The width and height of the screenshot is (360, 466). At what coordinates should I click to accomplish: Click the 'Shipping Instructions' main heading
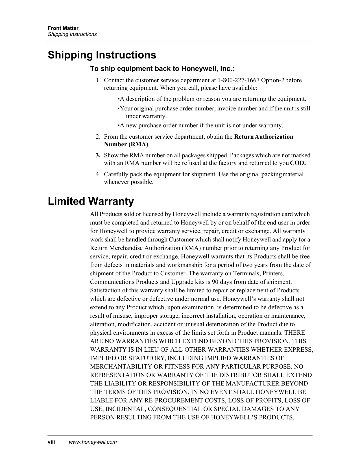coord(102,55)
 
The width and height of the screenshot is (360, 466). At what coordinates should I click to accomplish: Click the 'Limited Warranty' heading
coord(91,201)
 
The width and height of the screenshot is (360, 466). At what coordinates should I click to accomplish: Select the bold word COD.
coord(298,163)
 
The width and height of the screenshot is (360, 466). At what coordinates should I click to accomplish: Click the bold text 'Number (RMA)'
coord(126,144)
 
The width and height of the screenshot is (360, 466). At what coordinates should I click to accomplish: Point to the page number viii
coord(51,442)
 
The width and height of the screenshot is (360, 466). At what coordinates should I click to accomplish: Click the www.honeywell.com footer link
coord(93,442)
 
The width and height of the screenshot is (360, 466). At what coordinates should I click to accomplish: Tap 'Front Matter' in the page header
coord(63,28)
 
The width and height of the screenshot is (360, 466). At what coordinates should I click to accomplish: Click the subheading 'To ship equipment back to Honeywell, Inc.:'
coord(162,69)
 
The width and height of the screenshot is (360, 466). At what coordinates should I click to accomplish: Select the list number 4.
coord(97,174)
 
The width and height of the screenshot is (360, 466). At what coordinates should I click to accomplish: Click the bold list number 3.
coord(97,155)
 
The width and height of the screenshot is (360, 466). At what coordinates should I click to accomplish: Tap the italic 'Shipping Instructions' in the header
coord(72,34)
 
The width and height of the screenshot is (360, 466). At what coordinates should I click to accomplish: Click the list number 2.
coord(97,137)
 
